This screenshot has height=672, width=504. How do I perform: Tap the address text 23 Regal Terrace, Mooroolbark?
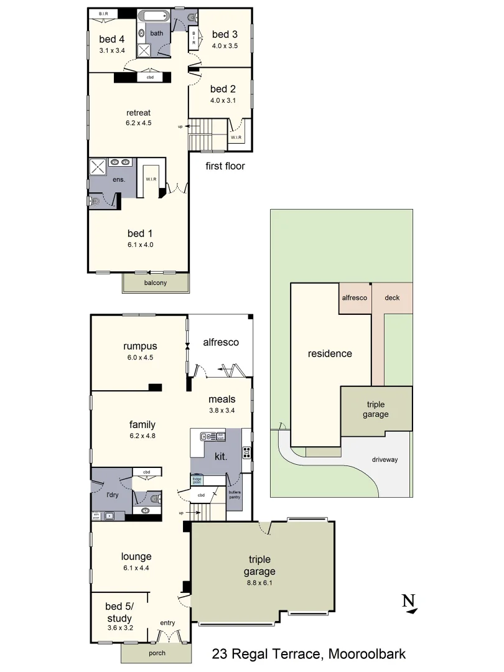pos(309,654)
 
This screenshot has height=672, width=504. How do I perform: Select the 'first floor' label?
pos(225,166)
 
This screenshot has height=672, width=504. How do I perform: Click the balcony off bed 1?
pos(156,282)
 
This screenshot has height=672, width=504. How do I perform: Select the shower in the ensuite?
pos(98,166)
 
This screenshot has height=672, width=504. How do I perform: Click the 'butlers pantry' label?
pos(235,495)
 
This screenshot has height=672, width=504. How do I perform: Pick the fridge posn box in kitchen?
pos(197,480)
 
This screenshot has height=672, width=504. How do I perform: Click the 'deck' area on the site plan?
pos(392,298)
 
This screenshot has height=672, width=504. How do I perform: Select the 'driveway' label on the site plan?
pos(385,460)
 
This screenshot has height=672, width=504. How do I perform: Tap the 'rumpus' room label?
pos(140,347)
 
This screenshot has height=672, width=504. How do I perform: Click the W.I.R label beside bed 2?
pos(236,137)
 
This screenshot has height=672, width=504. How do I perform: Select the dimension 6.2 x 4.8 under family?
pos(142,436)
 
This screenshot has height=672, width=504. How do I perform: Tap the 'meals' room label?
pos(222,399)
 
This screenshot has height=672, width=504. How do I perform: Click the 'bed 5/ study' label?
pos(118,612)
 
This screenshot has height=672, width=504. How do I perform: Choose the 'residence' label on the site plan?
pos(330,353)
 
